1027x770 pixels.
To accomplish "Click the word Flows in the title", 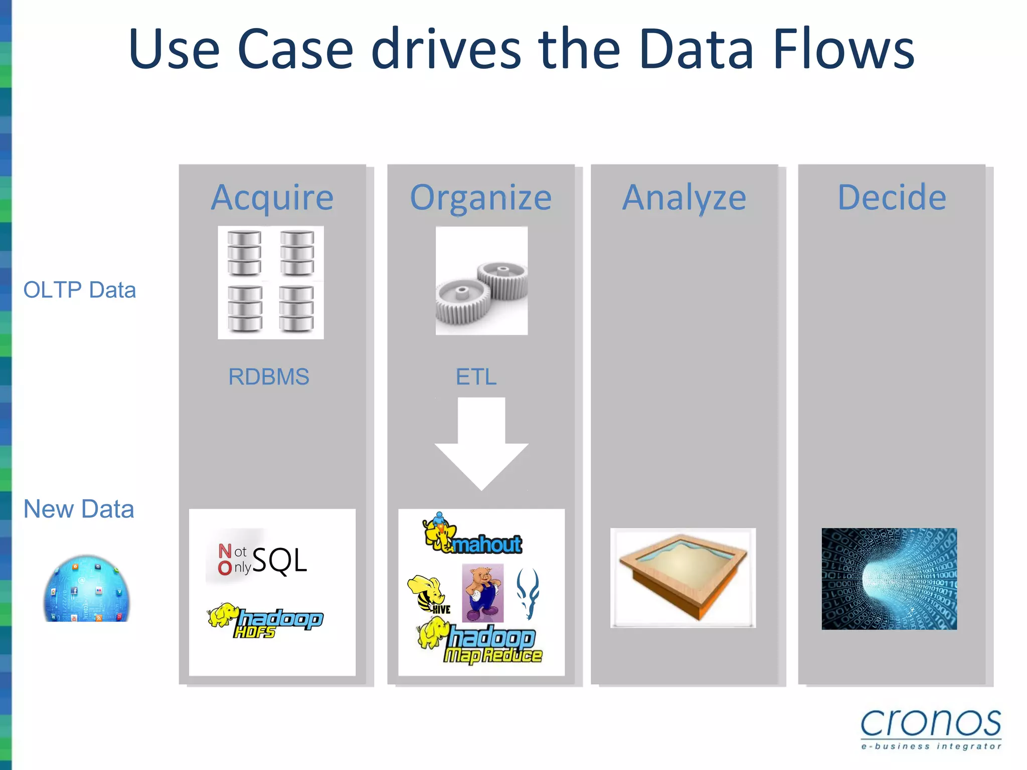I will tap(843, 49).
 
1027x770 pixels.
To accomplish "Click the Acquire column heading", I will tap(272, 198).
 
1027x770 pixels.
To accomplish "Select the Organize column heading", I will tap(480, 198).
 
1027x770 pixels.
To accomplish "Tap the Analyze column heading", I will tap(684, 198).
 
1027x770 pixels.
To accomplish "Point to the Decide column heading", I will tap(892, 198).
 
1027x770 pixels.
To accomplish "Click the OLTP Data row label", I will tap(80, 290).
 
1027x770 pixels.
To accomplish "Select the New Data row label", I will tap(79, 509).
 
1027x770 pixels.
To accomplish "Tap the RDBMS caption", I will tap(269, 376).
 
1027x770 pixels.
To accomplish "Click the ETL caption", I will tap(476, 376).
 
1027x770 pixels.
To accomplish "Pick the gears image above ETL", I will tap(481, 281).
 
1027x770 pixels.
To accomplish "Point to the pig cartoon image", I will tap(482, 593).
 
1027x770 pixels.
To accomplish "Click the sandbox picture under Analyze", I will tap(682, 577).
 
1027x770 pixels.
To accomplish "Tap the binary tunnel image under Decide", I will tap(889, 579).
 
